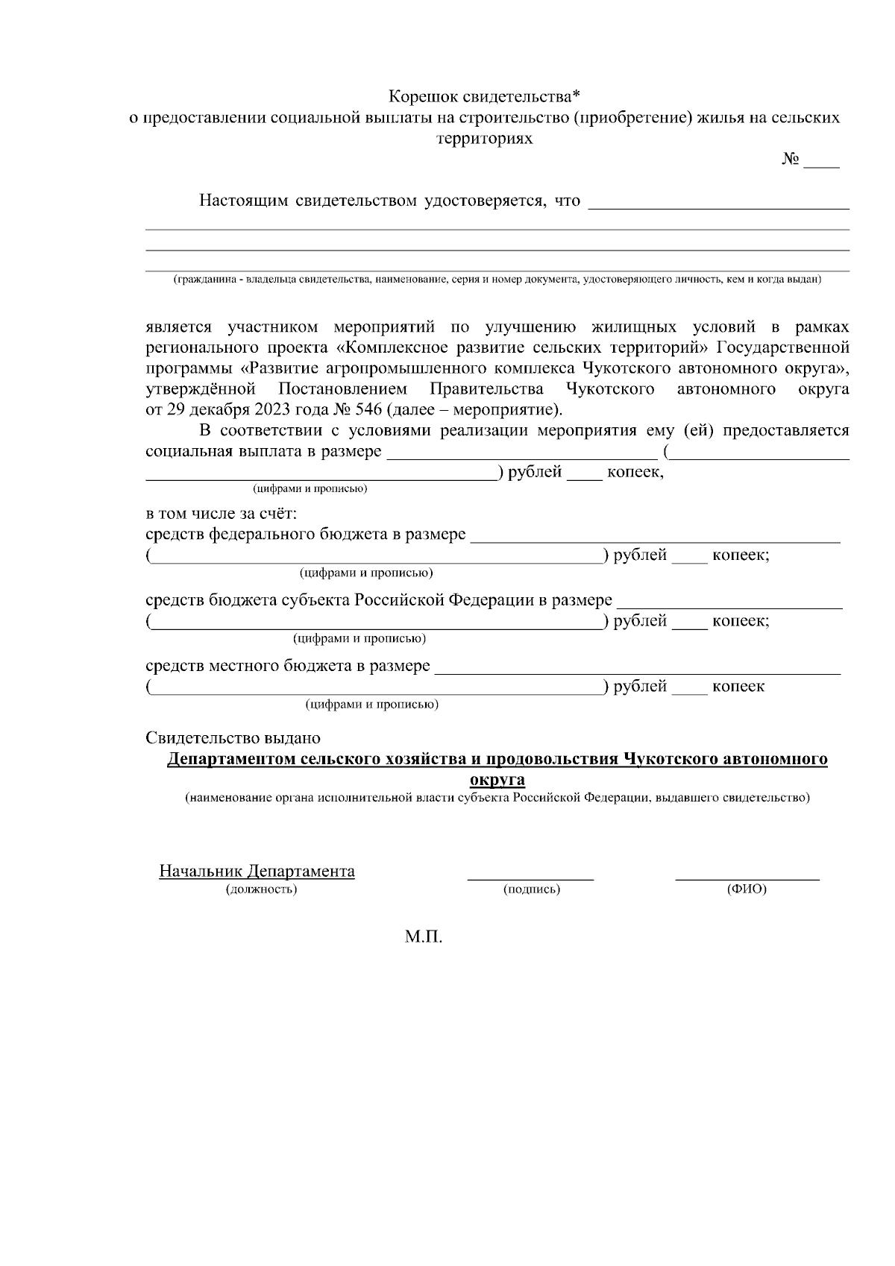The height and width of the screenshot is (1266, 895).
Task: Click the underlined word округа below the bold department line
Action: (x=497, y=780)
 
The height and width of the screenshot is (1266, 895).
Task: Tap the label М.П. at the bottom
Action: (x=424, y=937)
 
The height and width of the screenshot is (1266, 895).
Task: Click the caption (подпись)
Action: (x=531, y=889)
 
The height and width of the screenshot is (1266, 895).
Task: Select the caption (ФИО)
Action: (x=747, y=889)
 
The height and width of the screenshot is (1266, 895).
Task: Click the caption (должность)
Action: (x=261, y=889)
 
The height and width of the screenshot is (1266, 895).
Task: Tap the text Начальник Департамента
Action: (x=257, y=871)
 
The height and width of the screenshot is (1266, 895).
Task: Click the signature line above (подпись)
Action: (x=530, y=878)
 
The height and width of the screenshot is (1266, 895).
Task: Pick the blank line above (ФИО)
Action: (x=747, y=878)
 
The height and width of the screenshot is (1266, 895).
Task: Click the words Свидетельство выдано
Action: (x=233, y=738)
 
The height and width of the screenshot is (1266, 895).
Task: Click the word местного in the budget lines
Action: (x=244, y=665)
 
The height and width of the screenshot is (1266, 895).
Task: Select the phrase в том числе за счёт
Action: (x=221, y=514)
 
